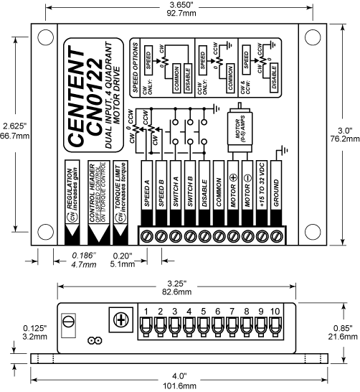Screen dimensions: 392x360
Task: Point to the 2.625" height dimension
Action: click(14, 124)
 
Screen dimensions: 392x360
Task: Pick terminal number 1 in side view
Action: click(146, 311)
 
